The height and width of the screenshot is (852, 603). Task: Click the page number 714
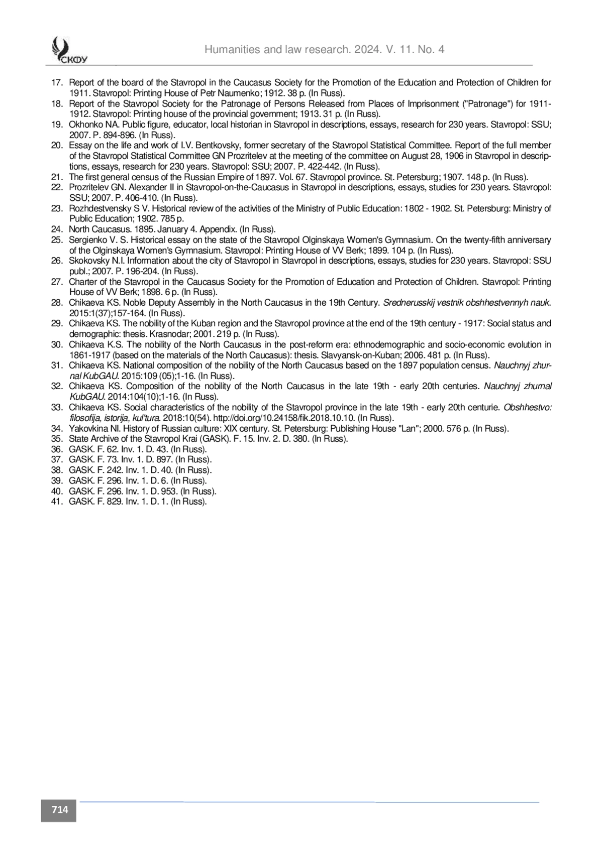pos(59,809)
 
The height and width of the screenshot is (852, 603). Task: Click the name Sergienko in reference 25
pos(87,240)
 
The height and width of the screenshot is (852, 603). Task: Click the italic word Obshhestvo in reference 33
pos(528,407)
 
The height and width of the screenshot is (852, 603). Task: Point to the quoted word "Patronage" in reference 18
pos(484,104)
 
